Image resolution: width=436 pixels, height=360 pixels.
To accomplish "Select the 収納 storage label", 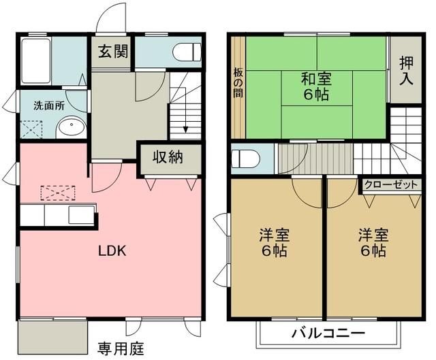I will (168, 157).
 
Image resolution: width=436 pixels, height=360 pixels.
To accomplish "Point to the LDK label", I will (112, 250).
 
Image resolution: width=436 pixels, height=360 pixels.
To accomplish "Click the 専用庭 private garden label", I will (121, 350).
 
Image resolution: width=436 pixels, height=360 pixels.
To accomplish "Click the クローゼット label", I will (391, 184).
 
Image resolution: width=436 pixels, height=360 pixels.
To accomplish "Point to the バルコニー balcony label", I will (328, 333).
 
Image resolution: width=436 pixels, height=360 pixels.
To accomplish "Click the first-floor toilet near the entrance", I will (187, 52).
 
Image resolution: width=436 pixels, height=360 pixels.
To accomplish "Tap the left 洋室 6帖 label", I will (274, 243).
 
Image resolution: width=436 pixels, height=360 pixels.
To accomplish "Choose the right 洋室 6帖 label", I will (374, 243).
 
